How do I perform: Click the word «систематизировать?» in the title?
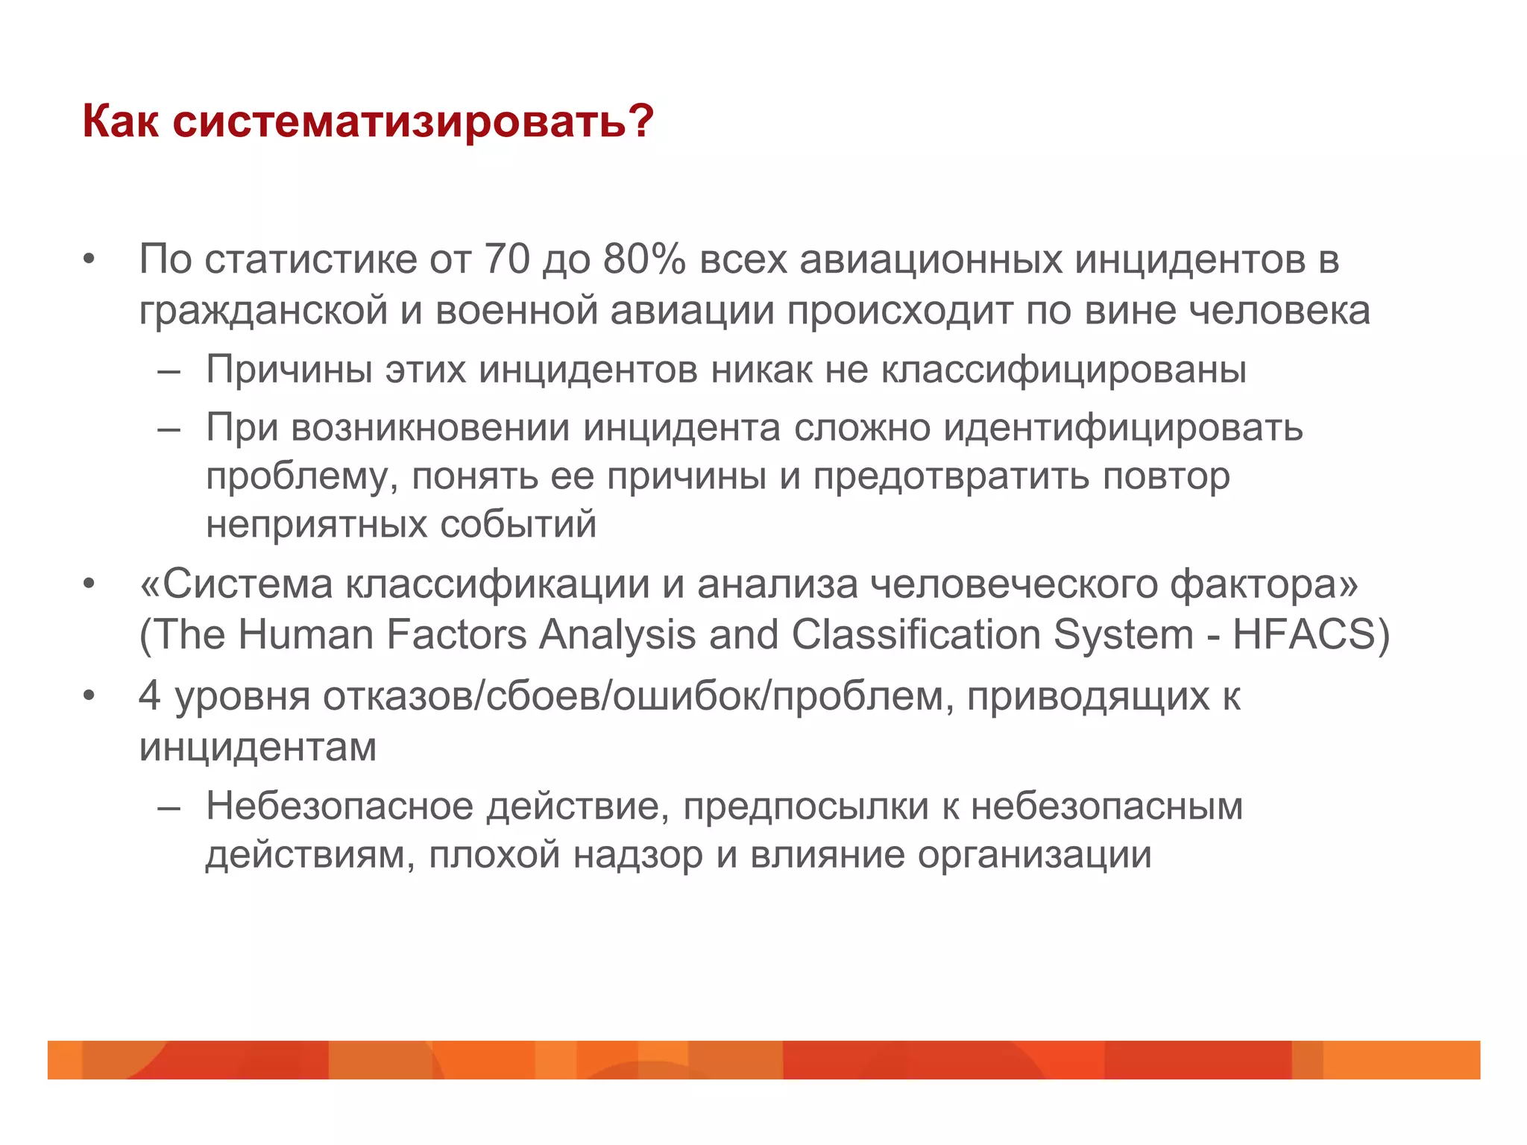[x=413, y=121]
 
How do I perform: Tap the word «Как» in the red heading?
[x=120, y=121]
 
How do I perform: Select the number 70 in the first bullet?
[x=507, y=259]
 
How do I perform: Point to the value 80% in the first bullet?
[x=643, y=259]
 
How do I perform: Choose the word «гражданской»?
[x=263, y=311]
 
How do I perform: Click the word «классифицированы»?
[x=1063, y=369]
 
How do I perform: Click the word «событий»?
[x=518, y=524]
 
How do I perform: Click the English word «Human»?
[x=306, y=635]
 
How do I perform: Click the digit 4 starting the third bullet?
[x=150, y=696]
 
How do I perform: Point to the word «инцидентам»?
[x=258, y=746]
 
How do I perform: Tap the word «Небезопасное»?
[x=340, y=806]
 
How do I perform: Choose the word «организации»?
[x=1034, y=854]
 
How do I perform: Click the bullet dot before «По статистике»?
[x=89, y=260]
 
